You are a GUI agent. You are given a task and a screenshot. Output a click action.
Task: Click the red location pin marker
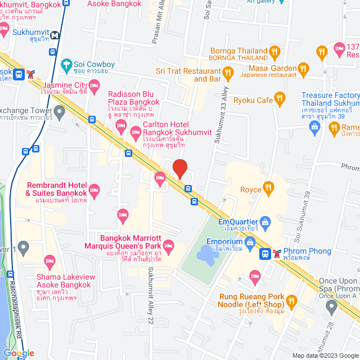click(x=179, y=169)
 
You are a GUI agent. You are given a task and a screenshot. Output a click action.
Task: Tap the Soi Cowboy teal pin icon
click(x=66, y=65)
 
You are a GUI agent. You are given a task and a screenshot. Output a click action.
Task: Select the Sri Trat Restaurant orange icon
click(x=228, y=72)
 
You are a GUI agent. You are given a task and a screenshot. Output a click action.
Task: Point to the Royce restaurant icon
click(x=269, y=188)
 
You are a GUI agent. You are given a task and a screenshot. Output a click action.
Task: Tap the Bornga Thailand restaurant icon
click(x=274, y=52)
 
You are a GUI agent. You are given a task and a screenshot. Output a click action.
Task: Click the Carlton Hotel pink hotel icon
click(x=135, y=133)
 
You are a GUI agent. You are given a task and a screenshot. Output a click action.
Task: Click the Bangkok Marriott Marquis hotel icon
click(x=168, y=245)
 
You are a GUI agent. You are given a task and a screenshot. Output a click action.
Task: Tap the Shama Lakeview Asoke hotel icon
click(x=49, y=260)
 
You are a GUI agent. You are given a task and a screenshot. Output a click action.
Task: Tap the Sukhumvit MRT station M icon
click(x=55, y=35)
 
